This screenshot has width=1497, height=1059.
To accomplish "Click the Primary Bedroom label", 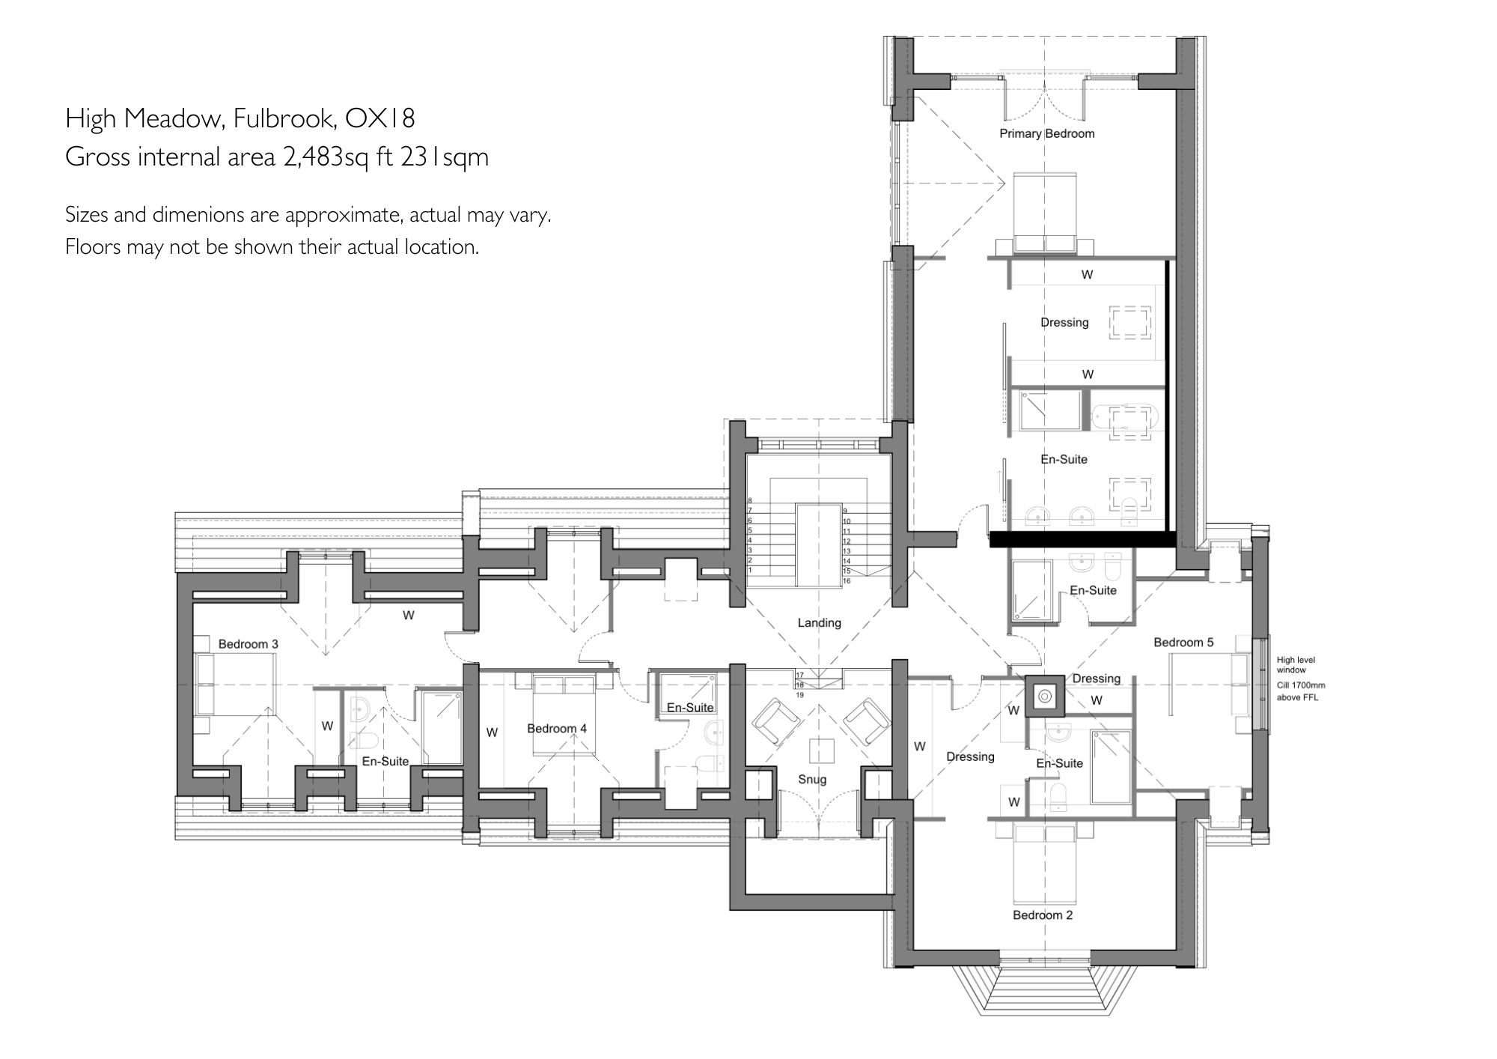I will click(1046, 133).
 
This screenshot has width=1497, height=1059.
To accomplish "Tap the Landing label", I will click(819, 622).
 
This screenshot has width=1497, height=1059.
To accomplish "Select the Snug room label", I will click(812, 779).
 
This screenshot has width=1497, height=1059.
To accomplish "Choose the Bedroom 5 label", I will click(1183, 642).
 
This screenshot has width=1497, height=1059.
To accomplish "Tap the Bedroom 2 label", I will click(1043, 914).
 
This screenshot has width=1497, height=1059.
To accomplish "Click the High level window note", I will click(1296, 664).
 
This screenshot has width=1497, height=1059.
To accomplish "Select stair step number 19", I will click(799, 695).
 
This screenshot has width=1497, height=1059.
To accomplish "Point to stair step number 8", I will click(750, 501).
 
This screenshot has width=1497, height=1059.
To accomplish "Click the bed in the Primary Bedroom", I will click(1045, 213).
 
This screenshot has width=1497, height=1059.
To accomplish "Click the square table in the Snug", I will click(821, 750).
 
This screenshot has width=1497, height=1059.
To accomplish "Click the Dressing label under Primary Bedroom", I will click(1064, 322).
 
